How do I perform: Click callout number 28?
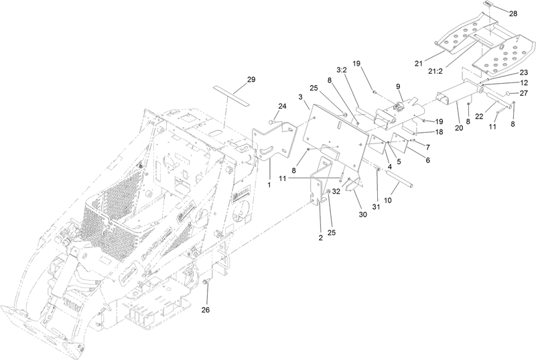tap(513, 13)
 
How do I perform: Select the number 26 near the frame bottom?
tap(206, 310)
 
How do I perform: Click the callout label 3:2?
tap(340, 70)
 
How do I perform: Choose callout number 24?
tap(282, 106)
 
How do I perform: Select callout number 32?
tap(336, 191)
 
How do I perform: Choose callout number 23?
tap(524, 72)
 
